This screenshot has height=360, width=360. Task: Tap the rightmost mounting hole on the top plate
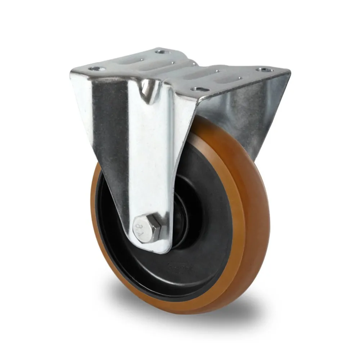(x=265, y=69)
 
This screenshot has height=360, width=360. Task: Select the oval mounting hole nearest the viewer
(x=198, y=88)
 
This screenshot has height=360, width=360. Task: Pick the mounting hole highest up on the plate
(x=162, y=51)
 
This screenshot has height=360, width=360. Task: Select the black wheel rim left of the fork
(x=108, y=230)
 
